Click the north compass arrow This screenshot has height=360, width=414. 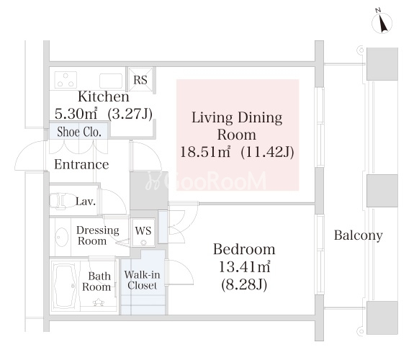pyautogui.click(x=382, y=24)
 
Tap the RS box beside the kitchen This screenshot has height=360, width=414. pyautogui.click(x=140, y=80)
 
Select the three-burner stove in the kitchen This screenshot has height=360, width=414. pyautogui.click(x=66, y=80)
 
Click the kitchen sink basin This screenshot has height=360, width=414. pyautogui.click(x=111, y=81)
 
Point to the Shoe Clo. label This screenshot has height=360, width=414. pyautogui.click(x=79, y=132)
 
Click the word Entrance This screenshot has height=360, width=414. pyautogui.click(x=81, y=165)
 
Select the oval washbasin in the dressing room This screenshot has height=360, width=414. pyautogui.click(x=62, y=237)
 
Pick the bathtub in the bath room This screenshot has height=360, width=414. pyautogui.click(x=65, y=286)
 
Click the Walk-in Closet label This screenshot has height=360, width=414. pyautogui.click(x=143, y=280)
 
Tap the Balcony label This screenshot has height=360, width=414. pyautogui.click(x=359, y=235)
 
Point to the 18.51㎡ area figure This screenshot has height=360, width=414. pyautogui.click(x=205, y=152)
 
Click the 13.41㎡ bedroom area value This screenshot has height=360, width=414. pyautogui.click(x=245, y=267)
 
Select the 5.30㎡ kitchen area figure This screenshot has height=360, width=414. pyautogui.click(x=76, y=114)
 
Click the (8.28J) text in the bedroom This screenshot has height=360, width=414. pyautogui.click(x=244, y=284)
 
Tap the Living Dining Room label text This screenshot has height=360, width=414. pyautogui.click(x=237, y=126)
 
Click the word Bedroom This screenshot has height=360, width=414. pyautogui.click(x=244, y=249)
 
